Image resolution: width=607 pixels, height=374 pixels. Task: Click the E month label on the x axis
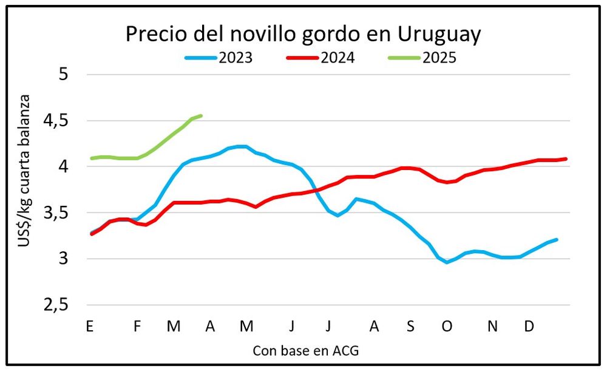click(90, 326)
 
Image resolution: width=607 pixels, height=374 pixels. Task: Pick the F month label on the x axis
click(137, 326)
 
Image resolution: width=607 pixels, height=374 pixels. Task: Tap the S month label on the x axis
click(410, 326)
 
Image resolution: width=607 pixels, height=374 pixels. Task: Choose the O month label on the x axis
click(447, 326)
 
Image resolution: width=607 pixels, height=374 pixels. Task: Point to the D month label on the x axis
click(529, 326)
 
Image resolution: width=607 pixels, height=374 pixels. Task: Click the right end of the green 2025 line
click(201, 115)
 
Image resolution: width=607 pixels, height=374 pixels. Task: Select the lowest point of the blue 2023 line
click(447, 262)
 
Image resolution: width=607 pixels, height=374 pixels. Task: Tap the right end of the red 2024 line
click(566, 159)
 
